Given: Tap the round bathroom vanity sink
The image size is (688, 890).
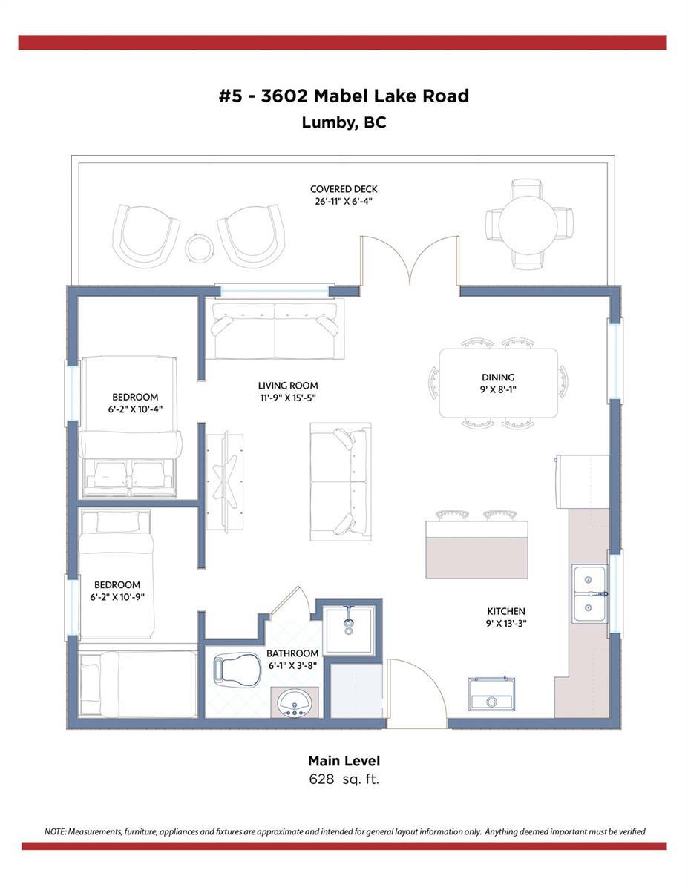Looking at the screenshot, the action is [x=294, y=703].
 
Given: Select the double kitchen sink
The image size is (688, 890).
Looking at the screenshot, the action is [x=589, y=593].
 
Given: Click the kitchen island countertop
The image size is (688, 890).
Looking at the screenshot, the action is [x=476, y=550].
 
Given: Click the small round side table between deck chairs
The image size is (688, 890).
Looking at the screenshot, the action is [x=199, y=248].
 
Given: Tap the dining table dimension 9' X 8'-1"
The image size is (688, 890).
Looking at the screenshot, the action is [x=498, y=389].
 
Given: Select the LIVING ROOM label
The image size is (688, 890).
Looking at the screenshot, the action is [x=288, y=386].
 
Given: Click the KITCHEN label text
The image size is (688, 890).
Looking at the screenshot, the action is [x=506, y=611].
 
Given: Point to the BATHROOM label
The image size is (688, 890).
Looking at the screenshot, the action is [x=292, y=653].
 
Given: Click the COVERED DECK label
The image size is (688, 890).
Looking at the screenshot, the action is [x=344, y=189].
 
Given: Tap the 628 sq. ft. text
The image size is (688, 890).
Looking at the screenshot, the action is [x=344, y=779].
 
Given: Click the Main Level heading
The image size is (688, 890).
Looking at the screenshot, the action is [x=344, y=760].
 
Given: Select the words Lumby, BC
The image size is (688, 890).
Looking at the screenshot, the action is [x=344, y=123].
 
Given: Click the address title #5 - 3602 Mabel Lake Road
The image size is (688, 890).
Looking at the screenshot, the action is [x=344, y=96].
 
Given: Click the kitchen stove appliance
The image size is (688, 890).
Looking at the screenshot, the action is [x=492, y=693].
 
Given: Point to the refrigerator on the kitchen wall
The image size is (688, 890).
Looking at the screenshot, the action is [x=583, y=481].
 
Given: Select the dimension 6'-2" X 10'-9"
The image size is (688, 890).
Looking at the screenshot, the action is [x=117, y=597].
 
